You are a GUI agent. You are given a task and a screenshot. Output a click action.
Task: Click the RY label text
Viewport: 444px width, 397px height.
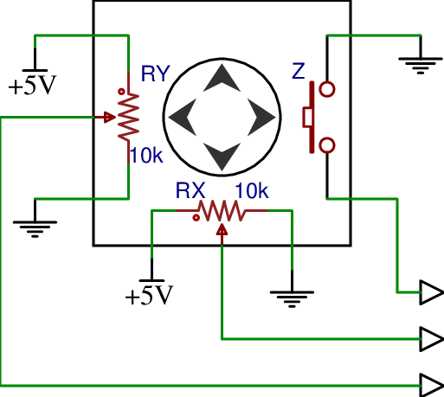pos(155,74)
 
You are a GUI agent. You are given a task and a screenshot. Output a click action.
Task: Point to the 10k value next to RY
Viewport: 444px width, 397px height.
pos(145,156)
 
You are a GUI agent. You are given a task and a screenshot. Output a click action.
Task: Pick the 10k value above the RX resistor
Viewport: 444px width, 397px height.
pos(251,189)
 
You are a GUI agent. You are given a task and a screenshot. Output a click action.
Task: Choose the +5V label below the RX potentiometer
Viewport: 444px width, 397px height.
pos(149,296)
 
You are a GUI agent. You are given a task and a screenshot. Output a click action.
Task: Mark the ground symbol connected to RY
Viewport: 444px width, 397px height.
pos(35,227)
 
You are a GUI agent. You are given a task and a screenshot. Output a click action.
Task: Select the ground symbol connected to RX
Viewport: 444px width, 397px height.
pos(292,298)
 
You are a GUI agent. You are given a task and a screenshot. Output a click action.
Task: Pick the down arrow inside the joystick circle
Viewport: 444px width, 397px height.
pos(222,157)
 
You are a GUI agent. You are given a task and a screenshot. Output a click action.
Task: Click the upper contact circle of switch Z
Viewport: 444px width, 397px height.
pos(327,88)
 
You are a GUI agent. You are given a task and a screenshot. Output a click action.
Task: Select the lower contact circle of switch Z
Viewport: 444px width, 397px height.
pos(327,144)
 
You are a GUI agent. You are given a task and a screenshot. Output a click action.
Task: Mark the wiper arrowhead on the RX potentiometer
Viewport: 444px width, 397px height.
pos(222,229)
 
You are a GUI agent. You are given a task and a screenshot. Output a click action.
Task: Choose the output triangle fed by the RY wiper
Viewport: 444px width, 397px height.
pos(430,383)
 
